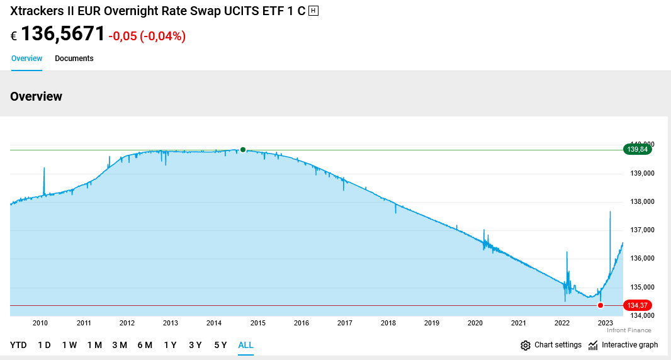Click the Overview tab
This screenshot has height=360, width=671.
tap(26, 59)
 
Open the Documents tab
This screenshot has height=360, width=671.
tap(74, 59)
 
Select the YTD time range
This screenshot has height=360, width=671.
tap(18, 345)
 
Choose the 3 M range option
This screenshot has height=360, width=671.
tap(120, 345)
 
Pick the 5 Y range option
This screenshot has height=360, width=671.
tap(220, 345)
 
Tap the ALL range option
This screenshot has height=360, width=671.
tap(245, 345)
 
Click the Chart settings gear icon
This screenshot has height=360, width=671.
tap(526, 345)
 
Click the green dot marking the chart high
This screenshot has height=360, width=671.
tap(243, 150)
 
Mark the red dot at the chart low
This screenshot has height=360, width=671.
tap(601, 305)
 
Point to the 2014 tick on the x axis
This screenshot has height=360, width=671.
tap(214, 323)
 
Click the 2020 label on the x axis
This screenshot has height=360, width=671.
tap(475, 323)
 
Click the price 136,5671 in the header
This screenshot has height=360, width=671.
tap(63, 34)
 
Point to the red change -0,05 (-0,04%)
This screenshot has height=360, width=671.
tap(147, 37)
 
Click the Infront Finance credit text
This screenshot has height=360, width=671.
tap(629, 330)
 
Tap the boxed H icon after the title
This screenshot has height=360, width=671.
tap(313, 11)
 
